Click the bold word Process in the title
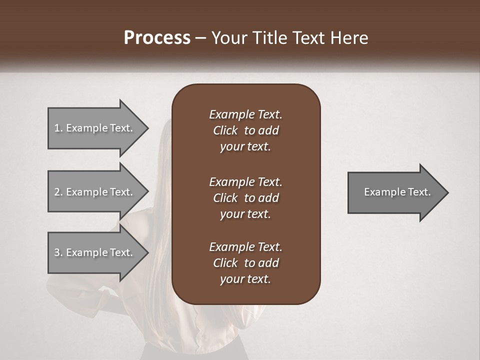157,38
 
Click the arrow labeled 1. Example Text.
95,128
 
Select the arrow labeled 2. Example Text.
95,192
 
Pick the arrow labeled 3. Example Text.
95,252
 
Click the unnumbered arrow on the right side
395,192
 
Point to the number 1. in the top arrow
58,128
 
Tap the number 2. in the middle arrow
58,192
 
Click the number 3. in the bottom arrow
58,252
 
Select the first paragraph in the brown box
245,130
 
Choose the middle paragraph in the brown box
245,197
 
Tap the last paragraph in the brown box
245,263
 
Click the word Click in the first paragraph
225,130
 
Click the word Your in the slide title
227,38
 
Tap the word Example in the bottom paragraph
231,247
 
